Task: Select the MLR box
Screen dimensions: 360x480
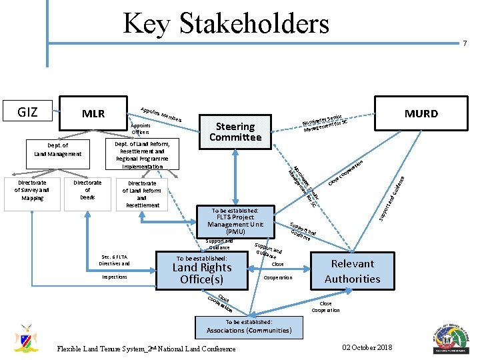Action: [x=93, y=113]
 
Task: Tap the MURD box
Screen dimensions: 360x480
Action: [x=422, y=113]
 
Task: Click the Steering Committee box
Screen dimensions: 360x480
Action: [x=235, y=131]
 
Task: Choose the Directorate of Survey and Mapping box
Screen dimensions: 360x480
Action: [x=32, y=190]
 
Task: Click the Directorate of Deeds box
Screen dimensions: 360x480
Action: [x=87, y=190]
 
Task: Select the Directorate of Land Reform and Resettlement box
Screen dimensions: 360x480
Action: [x=142, y=193]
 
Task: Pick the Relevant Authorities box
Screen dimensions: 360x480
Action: [x=352, y=271]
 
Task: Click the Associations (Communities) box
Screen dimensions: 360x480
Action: [x=249, y=326]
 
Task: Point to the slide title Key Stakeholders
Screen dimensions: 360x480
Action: [x=225, y=23]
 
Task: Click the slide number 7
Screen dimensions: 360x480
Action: [x=465, y=43]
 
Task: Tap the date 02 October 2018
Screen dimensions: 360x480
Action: [x=367, y=347]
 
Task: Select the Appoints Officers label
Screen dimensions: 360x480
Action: [x=141, y=129]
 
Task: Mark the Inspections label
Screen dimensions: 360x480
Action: [x=115, y=277]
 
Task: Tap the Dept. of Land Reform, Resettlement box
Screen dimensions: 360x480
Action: [x=142, y=155]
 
